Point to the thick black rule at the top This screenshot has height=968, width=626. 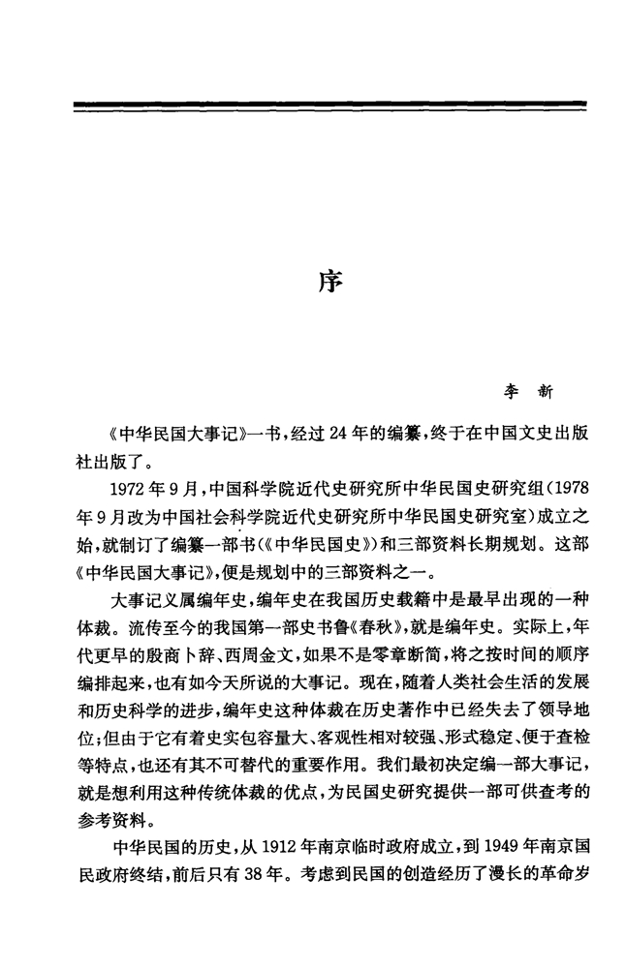329,106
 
